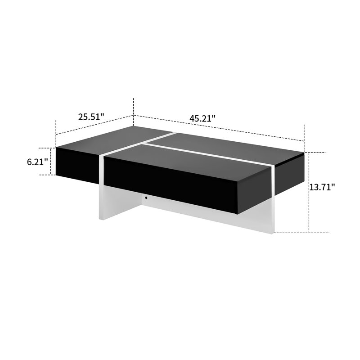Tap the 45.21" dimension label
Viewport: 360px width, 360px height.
tap(202, 119)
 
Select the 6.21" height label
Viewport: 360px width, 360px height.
tap(37, 161)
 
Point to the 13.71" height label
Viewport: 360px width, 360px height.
tap(322, 187)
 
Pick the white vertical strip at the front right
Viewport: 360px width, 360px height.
tap(274, 198)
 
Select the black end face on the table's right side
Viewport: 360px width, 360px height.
tap(290, 175)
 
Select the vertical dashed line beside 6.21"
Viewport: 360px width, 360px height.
tap(50, 161)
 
